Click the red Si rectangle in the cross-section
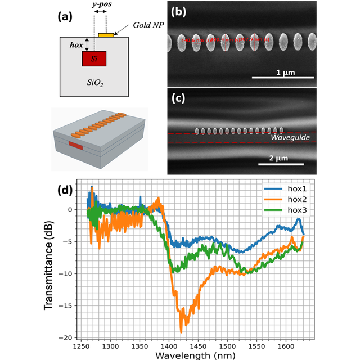(96, 59)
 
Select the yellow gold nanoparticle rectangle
(105, 35)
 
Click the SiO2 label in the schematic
(97, 83)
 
